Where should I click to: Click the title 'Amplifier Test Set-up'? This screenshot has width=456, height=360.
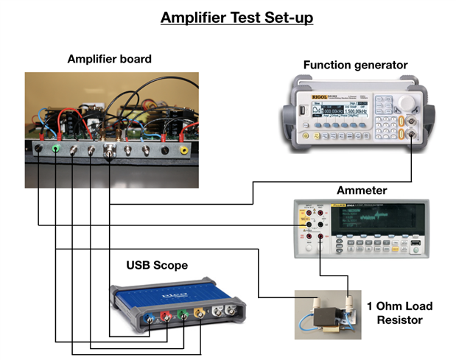pyautogui.click(x=228, y=16)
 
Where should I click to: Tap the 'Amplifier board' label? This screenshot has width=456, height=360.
pyautogui.click(x=109, y=59)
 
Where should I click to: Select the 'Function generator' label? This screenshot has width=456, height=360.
pyautogui.click(x=355, y=66)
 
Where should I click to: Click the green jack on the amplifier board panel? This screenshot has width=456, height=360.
pyautogui.click(x=56, y=149)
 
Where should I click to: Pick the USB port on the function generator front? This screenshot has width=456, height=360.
pyautogui.click(x=301, y=113)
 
